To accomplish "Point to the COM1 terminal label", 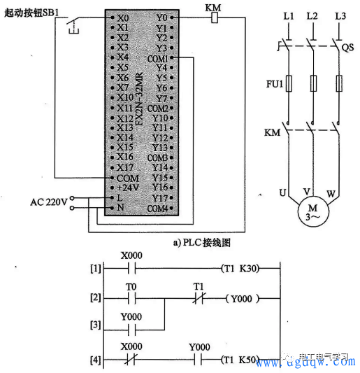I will tap(158, 58).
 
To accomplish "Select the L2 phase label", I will tap(312, 15).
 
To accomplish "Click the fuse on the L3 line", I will tap(339, 85).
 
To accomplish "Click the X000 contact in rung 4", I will tap(131, 362).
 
